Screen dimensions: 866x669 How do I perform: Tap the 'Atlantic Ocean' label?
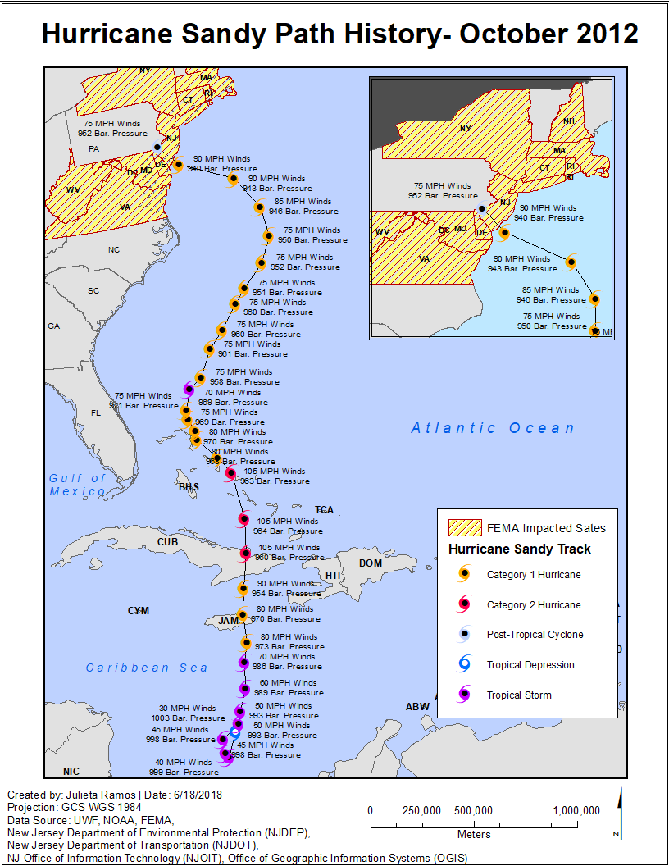click(x=493, y=428)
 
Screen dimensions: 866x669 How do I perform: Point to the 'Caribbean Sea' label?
click(x=147, y=668)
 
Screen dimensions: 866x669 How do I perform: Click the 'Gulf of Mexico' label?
click(x=77, y=485)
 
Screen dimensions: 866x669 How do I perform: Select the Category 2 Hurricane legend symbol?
click(x=464, y=604)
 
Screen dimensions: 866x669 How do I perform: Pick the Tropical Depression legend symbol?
click(x=464, y=664)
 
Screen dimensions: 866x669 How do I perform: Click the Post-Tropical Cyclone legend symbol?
click(x=464, y=634)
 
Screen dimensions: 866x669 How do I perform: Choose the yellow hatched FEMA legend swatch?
click(x=464, y=527)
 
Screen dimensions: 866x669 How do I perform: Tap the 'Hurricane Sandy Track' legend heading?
click(x=520, y=549)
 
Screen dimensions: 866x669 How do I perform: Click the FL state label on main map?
click(x=95, y=412)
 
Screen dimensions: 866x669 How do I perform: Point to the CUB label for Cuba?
click(x=167, y=542)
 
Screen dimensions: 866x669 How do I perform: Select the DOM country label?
click(x=371, y=563)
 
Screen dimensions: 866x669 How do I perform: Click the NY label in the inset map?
click(x=466, y=128)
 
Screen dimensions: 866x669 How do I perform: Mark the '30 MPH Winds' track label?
click(x=187, y=709)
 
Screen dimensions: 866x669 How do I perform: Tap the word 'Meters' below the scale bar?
click(x=474, y=835)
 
